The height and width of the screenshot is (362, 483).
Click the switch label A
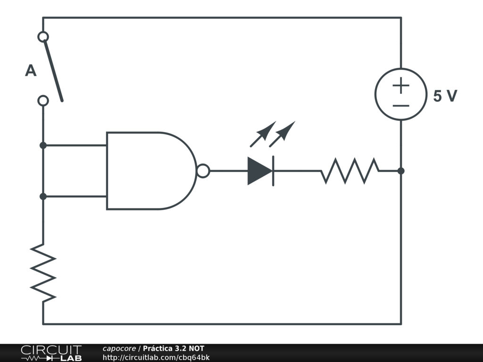31,71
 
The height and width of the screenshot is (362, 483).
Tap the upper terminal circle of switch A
43,37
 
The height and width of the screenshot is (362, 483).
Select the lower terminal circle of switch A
43,101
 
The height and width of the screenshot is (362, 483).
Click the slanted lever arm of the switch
53,71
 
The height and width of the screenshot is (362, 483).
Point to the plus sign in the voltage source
401,86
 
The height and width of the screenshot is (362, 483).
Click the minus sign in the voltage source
401,106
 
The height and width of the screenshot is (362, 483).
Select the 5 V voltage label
445,96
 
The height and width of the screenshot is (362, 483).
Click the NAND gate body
151,171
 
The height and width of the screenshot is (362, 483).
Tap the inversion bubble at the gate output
203,171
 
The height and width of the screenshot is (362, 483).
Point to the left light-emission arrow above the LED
263,134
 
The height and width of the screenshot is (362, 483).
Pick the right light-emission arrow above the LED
282,134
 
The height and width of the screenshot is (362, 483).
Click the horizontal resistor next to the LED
350,171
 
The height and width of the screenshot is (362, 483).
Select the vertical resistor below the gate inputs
43,273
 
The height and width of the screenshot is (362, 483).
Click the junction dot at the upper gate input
43,145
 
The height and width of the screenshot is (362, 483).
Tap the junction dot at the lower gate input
43,197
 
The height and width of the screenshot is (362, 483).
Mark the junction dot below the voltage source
401,171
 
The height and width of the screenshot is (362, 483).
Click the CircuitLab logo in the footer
51,353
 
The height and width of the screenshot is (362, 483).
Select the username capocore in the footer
119,348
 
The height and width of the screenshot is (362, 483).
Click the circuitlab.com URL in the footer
156,358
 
